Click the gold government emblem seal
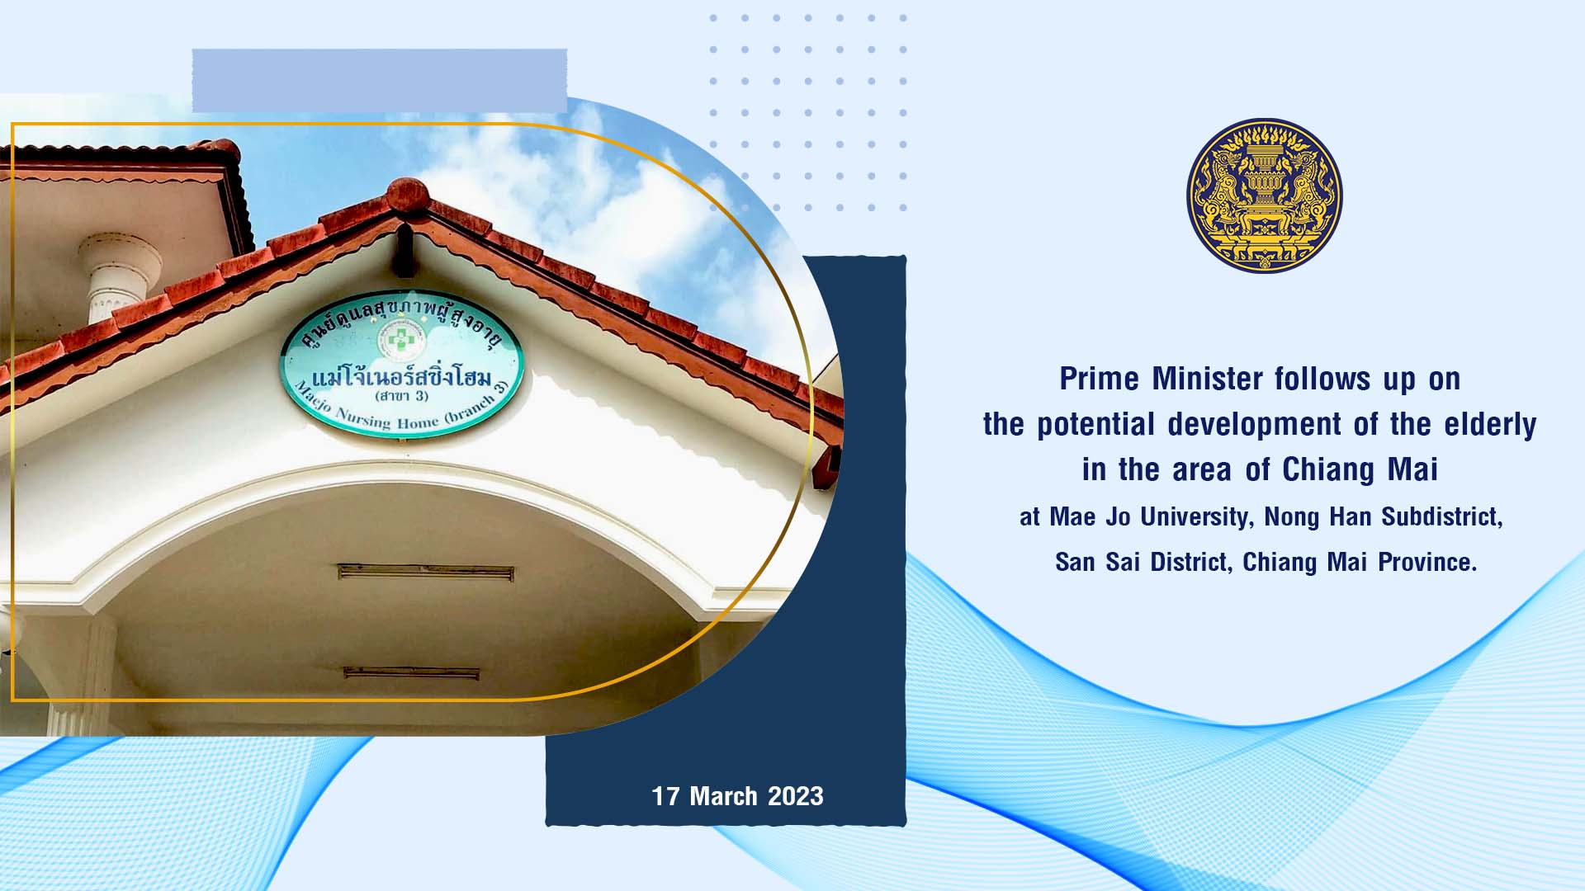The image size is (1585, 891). point(1264,196)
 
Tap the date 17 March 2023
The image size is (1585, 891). point(737,796)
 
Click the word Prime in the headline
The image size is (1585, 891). point(1100,379)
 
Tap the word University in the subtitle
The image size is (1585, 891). point(1198,517)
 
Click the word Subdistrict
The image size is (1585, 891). point(1442,517)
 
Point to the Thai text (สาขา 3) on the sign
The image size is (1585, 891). point(402,395)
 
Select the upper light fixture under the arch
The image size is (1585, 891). point(425,572)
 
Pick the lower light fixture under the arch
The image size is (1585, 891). point(411,673)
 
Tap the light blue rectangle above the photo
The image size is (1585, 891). point(380,81)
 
